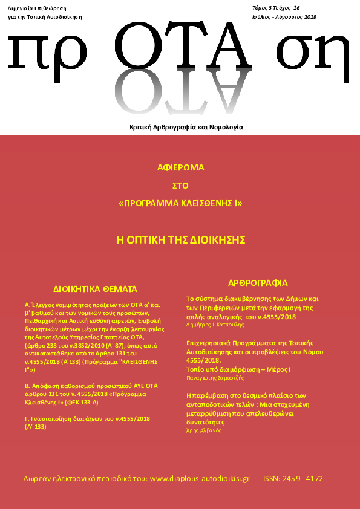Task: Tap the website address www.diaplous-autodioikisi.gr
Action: pyautogui.click(x=199, y=478)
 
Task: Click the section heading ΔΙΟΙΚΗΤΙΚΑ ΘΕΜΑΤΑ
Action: pyautogui.click(x=96, y=289)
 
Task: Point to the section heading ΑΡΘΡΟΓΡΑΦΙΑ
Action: pyautogui.click(x=257, y=283)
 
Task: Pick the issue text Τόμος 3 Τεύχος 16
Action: pyautogui.click(x=276, y=8)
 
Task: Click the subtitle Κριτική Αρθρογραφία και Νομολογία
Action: pyautogui.click(x=186, y=128)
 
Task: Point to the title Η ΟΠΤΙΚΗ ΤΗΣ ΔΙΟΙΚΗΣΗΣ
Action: pyautogui.click(x=180, y=239)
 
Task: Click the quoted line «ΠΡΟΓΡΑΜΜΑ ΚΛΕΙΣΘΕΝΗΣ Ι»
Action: pyautogui.click(x=180, y=204)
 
